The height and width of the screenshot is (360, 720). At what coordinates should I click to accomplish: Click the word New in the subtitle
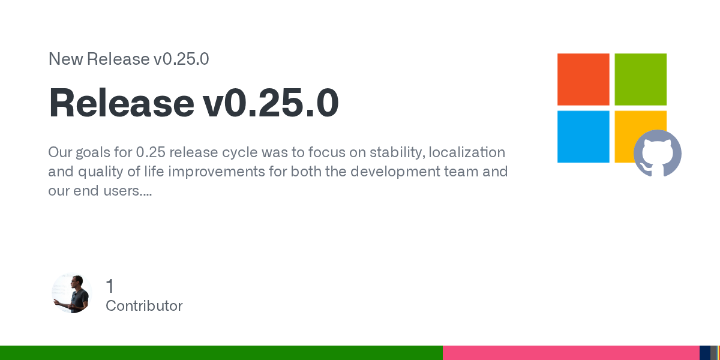tap(65, 59)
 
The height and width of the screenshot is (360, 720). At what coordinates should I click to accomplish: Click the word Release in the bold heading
tap(121, 102)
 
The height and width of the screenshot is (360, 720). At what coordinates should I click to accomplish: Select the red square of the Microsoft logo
tap(583, 79)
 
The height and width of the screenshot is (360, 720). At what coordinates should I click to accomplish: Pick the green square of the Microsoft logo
tap(641, 79)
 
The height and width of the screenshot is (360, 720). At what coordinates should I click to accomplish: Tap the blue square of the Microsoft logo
tap(583, 137)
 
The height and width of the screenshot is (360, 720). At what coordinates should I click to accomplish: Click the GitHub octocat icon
tap(658, 153)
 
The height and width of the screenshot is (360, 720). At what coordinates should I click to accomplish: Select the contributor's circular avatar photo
tap(72, 293)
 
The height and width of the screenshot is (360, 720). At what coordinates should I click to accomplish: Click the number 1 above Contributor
tap(110, 286)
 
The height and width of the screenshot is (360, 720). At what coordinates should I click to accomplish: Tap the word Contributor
tap(144, 305)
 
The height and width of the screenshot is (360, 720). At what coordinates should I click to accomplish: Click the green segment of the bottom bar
tap(221, 353)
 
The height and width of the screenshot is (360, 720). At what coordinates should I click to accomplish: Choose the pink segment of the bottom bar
tap(571, 353)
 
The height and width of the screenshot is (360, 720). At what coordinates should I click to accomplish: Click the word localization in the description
tap(467, 152)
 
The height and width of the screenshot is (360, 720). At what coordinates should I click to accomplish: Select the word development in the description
tap(395, 172)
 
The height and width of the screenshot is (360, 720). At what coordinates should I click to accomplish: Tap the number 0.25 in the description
tap(151, 152)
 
